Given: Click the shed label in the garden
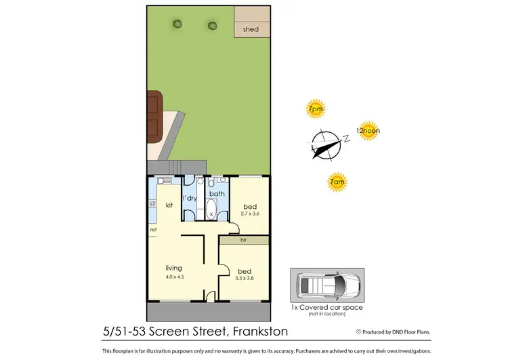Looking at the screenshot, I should [x=251, y=29].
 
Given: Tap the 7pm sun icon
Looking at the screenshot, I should [x=315, y=108].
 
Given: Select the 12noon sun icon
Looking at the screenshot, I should [x=367, y=131].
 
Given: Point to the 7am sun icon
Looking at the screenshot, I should [x=336, y=181].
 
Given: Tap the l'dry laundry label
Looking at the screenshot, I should [x=190, y=198].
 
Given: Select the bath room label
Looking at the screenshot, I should [x=216, y=193].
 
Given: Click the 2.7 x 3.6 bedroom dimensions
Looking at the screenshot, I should [x=251, y=214].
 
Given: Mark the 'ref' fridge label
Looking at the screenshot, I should [x=154, y=230].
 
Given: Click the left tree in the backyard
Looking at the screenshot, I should [x=177, y=24].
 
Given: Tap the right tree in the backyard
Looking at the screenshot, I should [x=213, y=26].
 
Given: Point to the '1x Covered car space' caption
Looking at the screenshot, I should [x=326, y=307].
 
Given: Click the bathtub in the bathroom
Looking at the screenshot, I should [x=212, y=209].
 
